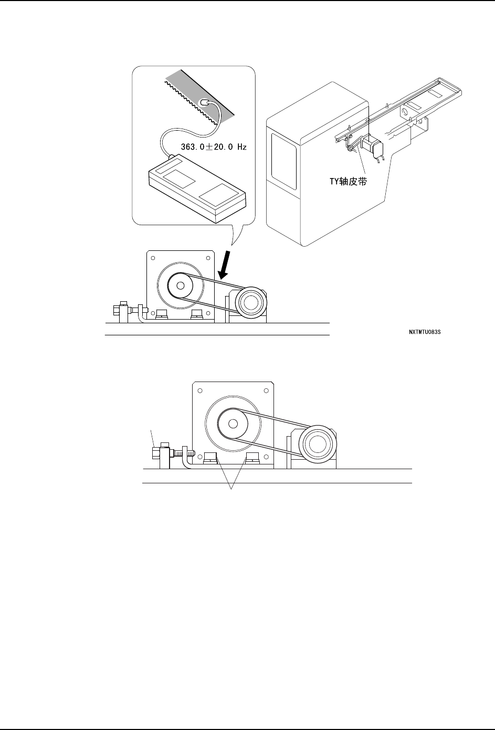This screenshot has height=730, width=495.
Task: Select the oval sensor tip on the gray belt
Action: pos(206,102)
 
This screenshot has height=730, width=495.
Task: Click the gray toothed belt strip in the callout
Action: pos(199,98)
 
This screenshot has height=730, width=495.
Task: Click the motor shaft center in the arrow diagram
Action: pos(181,285)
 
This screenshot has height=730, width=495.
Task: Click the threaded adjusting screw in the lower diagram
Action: pos(186,451)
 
